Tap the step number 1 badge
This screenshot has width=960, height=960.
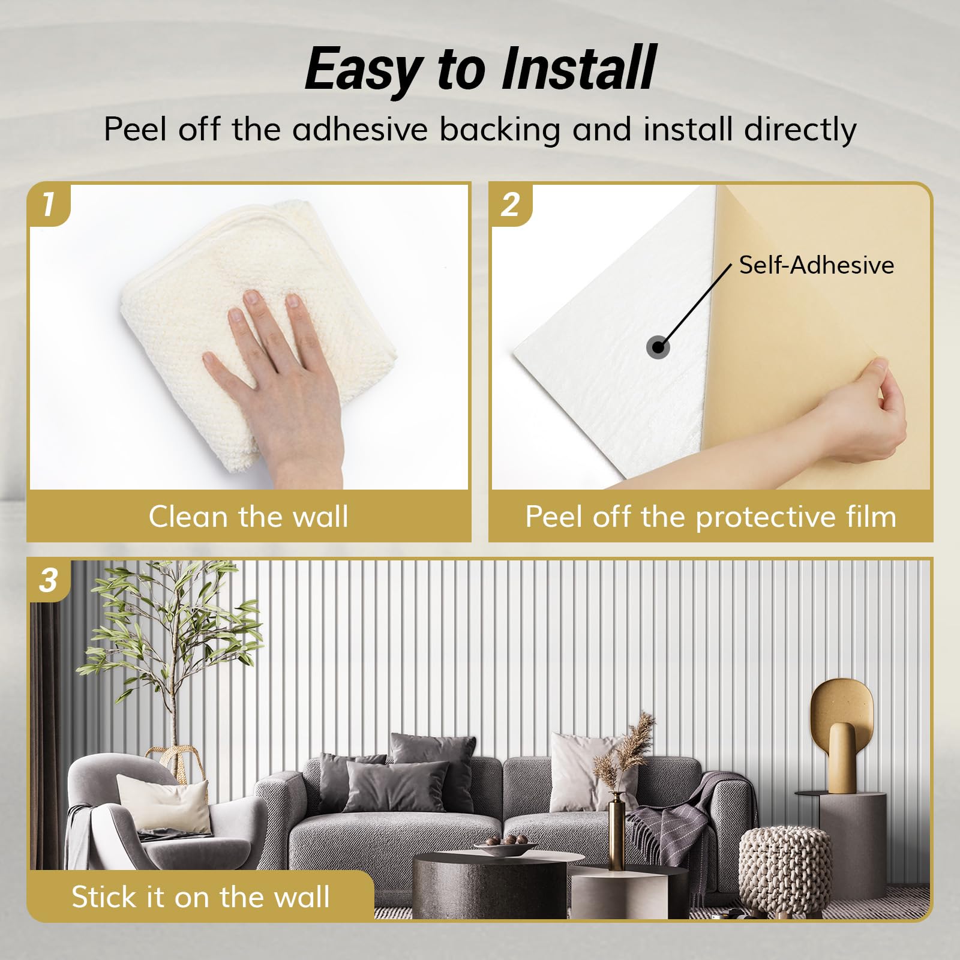click(x=49, y=205)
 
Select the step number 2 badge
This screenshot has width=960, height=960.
click(x=511, y=205)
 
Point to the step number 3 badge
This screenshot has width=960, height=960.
click(x=49, y=580)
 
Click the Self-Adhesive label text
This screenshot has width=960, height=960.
click(x=817, y=265)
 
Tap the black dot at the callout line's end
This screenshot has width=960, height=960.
click(x=659, y=347)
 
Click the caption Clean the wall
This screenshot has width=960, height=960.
click(x=248, y=517)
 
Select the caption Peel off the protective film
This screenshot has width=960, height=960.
click(x=711, y=517)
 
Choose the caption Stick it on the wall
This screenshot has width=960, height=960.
click(x=200, y=897)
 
